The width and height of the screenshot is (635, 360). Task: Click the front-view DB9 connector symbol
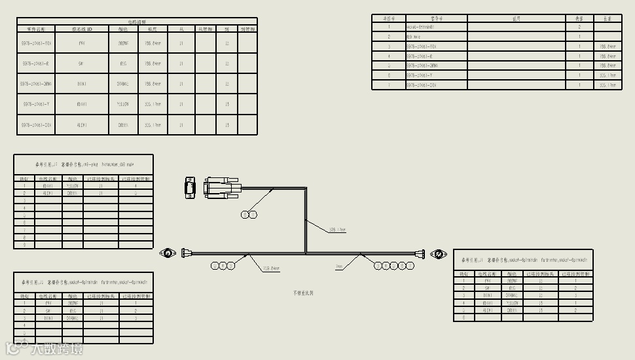(190, 187)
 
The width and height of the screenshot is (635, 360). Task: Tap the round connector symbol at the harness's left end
(169, 253)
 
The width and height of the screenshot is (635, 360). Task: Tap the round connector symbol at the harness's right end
(437, 253)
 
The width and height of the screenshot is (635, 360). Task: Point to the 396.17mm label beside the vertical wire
(336, 230)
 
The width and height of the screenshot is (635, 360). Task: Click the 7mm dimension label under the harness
(339, 267)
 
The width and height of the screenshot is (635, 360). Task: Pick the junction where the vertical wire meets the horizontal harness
(306, 253)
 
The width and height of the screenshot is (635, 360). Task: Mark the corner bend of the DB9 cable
(306, 189)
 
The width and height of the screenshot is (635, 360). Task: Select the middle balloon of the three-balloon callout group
(223, 265)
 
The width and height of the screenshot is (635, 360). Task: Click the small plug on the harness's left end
(187, 253)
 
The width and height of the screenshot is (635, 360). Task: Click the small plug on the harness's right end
(422, 253)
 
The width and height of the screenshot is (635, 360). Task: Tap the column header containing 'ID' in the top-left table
(82, 29)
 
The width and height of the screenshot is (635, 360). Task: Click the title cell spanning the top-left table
(137, 22)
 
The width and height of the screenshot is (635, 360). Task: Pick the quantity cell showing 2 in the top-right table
(579, 27)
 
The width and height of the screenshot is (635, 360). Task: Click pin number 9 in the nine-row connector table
(24, 245)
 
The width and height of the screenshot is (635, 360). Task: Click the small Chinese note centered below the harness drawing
(304, 293)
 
